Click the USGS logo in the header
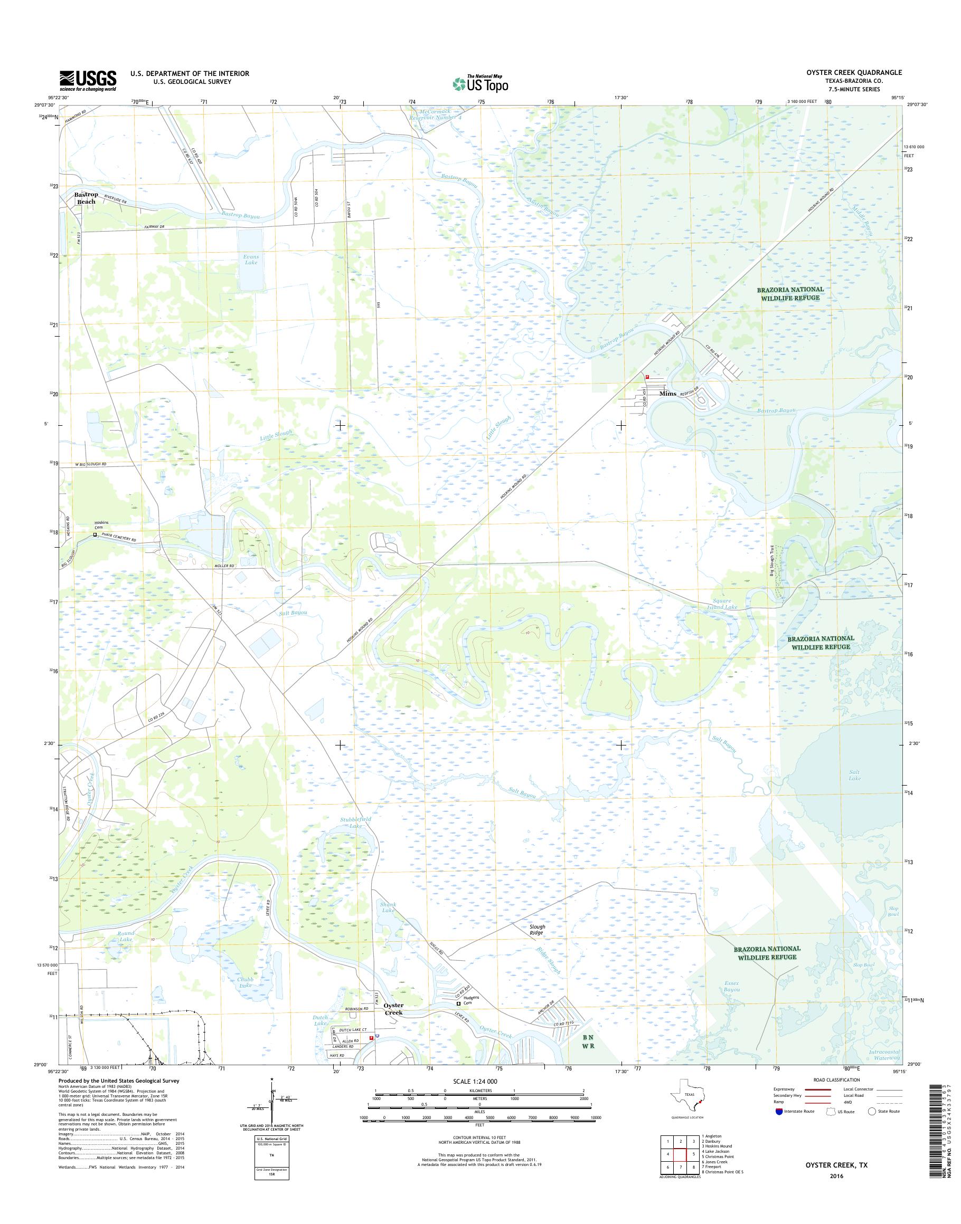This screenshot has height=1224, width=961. point(88,80)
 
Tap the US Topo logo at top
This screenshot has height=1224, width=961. point(480,83)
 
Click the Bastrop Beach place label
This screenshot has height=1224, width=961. point(87,198)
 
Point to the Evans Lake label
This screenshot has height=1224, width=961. point(251,259)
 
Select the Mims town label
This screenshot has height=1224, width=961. point(667,394)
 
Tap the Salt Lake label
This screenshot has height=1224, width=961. point(855,776)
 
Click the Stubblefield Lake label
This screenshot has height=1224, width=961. point(355,823)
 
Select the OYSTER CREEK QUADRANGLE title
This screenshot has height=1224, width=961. point(854,72)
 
